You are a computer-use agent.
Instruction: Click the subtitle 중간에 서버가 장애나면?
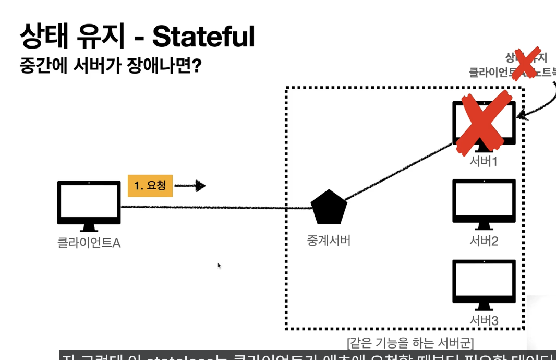tap(110, 66)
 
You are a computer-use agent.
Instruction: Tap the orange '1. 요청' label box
tap(150, 185)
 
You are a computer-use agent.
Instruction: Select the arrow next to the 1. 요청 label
tap(190, 185)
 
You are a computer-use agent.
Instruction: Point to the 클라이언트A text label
tap(89, 243)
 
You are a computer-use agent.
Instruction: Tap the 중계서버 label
tap(329, 241)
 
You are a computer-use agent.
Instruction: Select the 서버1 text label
tap(484, 161)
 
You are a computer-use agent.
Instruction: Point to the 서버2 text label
tap(484, 241)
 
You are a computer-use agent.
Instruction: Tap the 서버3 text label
tap(484, 320)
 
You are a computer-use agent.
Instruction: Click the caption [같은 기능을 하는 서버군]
tap(410, 343)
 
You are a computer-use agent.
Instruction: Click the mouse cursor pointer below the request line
tap(219, 266)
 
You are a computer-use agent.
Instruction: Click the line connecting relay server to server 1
tap(396, 174)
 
